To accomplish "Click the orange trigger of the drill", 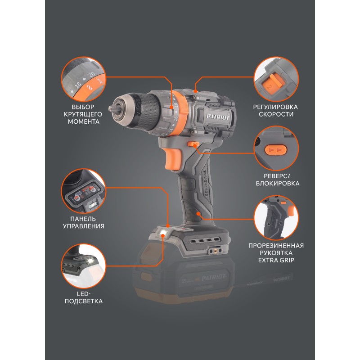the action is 173,159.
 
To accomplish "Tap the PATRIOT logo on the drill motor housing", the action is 218,117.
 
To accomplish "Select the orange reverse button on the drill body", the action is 193,144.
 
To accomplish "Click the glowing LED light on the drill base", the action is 163,234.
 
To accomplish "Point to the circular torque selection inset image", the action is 84,79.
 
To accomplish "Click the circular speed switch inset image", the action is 276,79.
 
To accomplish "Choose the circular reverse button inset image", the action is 276,148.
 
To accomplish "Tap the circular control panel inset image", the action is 84,191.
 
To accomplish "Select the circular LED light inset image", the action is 84,266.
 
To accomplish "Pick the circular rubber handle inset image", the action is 276,218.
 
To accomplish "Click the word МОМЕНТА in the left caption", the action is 84,121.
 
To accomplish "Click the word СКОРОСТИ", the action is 276,114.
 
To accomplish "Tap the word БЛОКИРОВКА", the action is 278,184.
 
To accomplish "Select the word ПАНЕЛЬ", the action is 83,219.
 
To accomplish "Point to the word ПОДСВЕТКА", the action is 84,301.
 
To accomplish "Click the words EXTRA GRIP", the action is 276,261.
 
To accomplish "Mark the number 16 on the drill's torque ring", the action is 175,118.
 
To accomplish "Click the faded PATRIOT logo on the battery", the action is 213,278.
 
